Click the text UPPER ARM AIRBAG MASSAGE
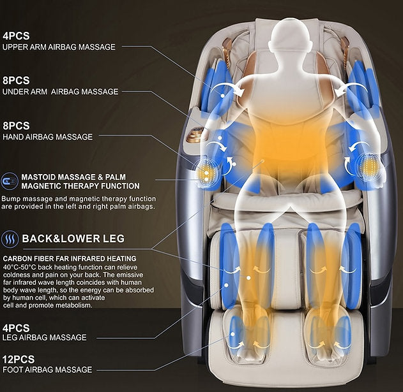(59, 47)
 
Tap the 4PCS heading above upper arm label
(17, 35)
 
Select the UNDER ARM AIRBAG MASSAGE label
(60, 92)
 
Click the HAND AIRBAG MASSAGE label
(47, 136)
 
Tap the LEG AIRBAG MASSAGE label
(44, 337)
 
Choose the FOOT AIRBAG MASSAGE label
(47, 369)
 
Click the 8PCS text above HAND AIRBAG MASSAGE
(17, 126)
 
